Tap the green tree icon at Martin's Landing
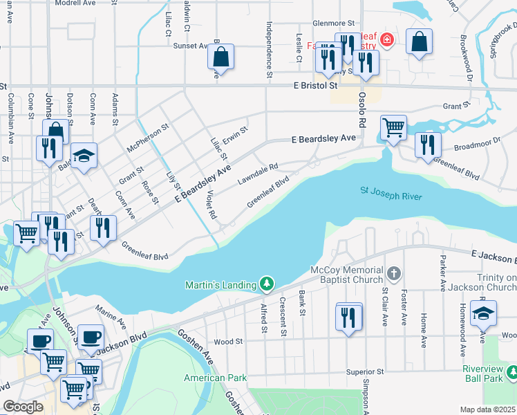click(x=267, y=284)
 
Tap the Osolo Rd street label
click(x=361, y=111)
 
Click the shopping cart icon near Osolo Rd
click(x=393, y=127)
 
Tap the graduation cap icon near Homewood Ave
click(x=483, y=313)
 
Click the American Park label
click(x=215, y=378)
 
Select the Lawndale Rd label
click(x=258, y=173)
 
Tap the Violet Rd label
click(x=211, y=205)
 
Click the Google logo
click(x=23, y=407)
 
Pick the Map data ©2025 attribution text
click(x=488, y=409)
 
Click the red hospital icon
click(x=388, y=41)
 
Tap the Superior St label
click(x=365, y=371)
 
